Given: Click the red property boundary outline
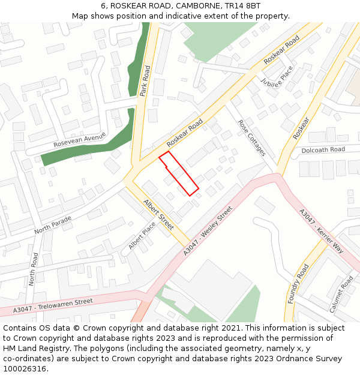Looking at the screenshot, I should click(x=178, y=173).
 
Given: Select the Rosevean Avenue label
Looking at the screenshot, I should click(x=79, y=140).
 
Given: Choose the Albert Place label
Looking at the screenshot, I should click(x=142, y=236).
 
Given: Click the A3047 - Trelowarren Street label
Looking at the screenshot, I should click(x=53, y=305).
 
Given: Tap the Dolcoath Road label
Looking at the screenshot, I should click(x=323, y=149).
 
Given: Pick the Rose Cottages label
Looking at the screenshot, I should click(x=251, y=137).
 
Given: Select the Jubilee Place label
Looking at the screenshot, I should click(x=277, y=76).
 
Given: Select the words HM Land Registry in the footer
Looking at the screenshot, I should click(x=37, y=349).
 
